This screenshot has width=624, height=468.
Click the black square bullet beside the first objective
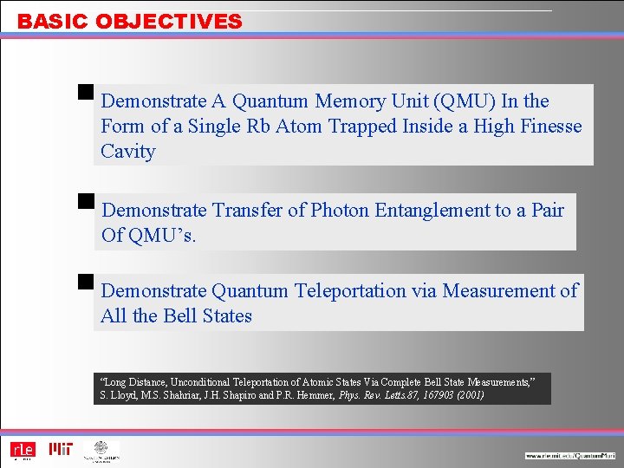[x=85, y=91]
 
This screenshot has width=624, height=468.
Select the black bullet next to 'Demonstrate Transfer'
[x=85, y=201]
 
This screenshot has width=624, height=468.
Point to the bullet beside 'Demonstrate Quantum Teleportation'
[x=85, y=281]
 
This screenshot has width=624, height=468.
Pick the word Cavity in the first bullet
[x=128, y=152]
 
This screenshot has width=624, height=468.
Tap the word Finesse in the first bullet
[x=551, y=127]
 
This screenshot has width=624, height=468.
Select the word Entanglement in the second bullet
[x=445, y=211]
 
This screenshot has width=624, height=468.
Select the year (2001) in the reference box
[x=467, y=395]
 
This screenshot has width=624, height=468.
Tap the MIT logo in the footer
[x=61, y=449]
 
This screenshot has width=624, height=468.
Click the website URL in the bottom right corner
[x=569, y=456]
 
